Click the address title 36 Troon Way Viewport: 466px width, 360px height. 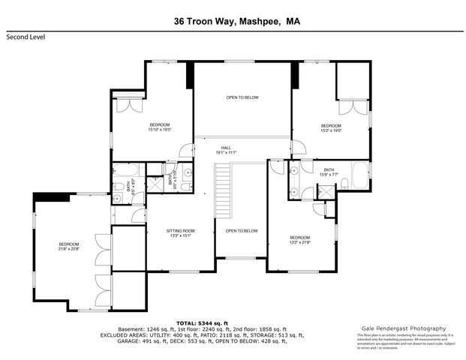point(203,22)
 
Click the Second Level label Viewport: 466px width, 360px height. point(25,36)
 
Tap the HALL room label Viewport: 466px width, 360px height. point(225,149)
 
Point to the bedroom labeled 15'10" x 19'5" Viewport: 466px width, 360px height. point(160,127)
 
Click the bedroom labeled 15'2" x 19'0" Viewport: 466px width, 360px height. point(331,127)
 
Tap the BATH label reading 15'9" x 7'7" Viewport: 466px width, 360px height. point(329,172)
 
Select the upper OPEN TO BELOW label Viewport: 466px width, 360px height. point(242,97)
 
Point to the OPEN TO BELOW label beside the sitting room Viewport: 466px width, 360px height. point(242,231)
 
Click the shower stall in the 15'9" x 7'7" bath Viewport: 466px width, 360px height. point(328,192)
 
